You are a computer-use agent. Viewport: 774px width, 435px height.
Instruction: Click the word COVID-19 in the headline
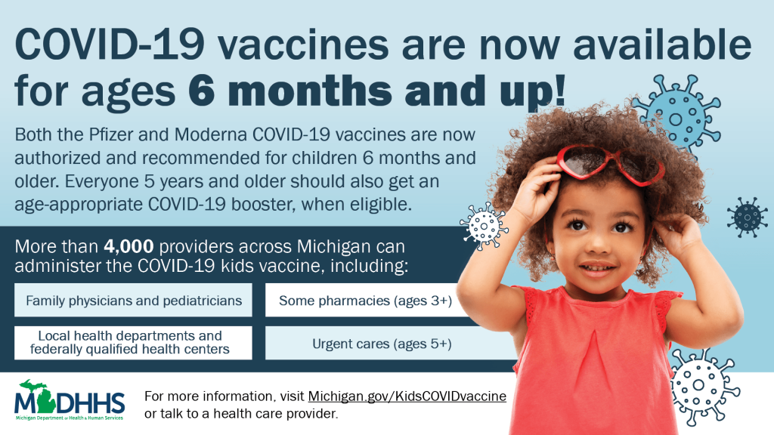click(110, 44)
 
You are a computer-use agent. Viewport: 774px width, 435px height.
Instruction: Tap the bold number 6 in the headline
click(202, 90)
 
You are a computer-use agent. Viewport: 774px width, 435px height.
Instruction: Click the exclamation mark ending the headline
click(559, 90)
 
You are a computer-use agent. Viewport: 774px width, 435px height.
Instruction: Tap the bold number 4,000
click(128, 246)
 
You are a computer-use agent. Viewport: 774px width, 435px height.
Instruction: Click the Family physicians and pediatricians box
click(133, 300)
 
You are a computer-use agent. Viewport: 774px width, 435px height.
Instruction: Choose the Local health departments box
click(133, 343)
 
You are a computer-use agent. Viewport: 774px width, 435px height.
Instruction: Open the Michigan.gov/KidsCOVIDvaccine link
click(407, 396)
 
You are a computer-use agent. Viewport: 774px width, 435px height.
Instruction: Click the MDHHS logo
click(70, 400)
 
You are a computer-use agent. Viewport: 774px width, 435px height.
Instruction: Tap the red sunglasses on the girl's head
click(611, 164)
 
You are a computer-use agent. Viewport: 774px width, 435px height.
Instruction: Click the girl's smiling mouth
click(598, 268)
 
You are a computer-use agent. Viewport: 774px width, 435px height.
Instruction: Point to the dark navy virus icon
click(748, 217)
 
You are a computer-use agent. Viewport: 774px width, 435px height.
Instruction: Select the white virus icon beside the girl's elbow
click(484, 226)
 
